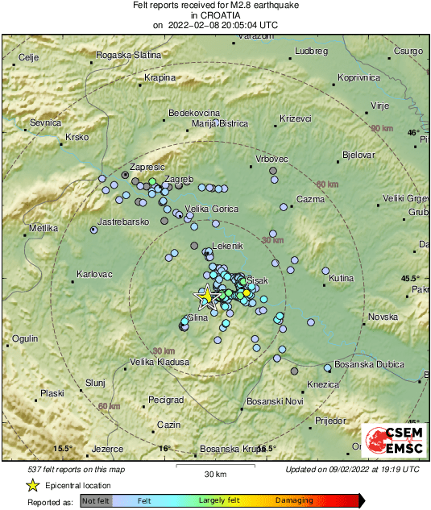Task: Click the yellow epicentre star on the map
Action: point(207,296)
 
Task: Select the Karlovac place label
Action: point(93,274)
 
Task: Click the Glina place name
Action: point(197,317)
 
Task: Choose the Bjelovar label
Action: point(358,154)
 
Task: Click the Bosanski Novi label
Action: point(274,401)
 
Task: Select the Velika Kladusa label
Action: point(160,362)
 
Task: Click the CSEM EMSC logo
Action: point(392,442)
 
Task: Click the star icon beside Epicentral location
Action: point(32,486)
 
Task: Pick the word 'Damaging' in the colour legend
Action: point(295,501)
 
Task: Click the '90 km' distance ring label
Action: point(382,129)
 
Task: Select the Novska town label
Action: point(383,317)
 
